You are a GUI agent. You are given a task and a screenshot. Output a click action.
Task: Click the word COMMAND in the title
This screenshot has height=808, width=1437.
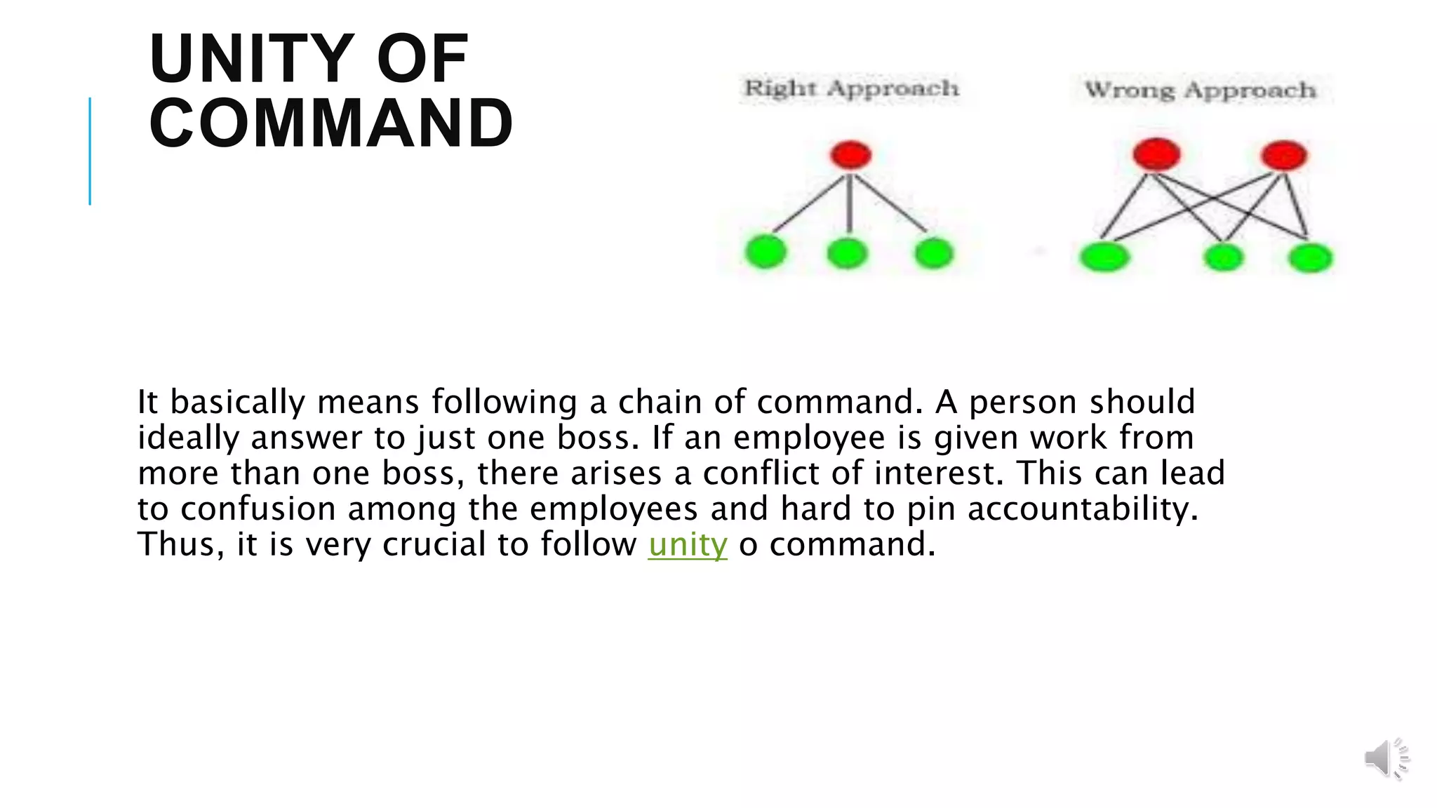point(331,123)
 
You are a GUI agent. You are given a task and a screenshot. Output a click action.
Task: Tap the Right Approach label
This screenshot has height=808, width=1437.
point(851,88)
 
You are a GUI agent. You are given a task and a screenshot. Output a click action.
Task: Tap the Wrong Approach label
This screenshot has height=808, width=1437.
point(1200,90)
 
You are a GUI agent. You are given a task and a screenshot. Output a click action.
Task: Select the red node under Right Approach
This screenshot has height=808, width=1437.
point(850,155)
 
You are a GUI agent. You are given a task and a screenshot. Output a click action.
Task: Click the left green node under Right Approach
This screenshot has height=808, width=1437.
point(766,252)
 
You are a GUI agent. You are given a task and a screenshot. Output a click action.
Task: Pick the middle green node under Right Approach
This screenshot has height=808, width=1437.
point(848,253)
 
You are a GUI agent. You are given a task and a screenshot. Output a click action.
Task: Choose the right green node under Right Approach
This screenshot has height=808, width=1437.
point(934,252)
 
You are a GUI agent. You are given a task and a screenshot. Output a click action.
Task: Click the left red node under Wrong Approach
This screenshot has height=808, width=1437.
point(1156,154)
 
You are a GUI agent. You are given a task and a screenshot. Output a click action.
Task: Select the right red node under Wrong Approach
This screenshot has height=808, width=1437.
point(1284,155)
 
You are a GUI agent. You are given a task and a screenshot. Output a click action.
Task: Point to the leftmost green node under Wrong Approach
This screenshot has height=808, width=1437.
point(1104,257)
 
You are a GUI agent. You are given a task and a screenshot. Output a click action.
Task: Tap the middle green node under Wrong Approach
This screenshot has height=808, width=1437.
point(1223,257)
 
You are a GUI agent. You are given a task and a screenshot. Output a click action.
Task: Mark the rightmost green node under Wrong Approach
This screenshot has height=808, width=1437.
point(1310,257)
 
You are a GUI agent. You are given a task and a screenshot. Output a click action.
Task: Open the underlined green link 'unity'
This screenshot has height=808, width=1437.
point(688,545)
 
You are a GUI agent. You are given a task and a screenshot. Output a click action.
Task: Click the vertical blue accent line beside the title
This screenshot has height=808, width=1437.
point(90,151)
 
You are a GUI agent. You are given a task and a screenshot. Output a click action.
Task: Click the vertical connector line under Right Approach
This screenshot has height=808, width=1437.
point(850,203)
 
